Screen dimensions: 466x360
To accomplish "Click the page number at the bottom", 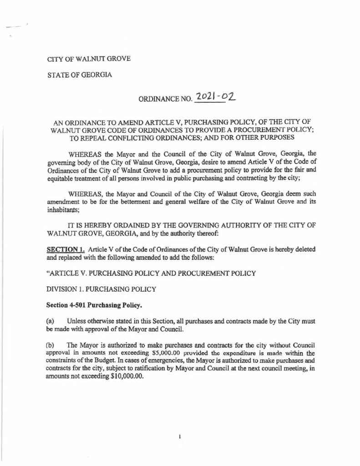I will pos(180,437).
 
